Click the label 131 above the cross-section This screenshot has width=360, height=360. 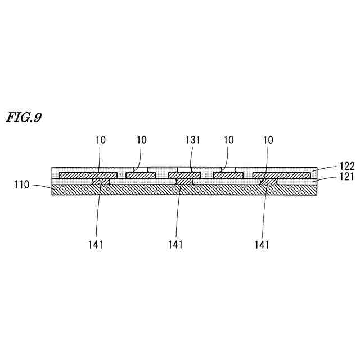point(193,139)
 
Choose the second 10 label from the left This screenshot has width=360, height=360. point(141,139)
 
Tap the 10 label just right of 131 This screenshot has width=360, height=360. point(229,139)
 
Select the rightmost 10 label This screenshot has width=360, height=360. point(269,139)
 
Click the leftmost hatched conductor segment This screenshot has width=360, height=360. point(87,175)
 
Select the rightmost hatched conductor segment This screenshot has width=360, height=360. point(281,175)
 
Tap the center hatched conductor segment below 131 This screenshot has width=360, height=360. point(184,175)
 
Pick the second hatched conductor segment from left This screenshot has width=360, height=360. point(137,175)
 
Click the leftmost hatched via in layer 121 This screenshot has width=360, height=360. point(101,182)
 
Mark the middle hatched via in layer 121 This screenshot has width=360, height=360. point(184,182)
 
